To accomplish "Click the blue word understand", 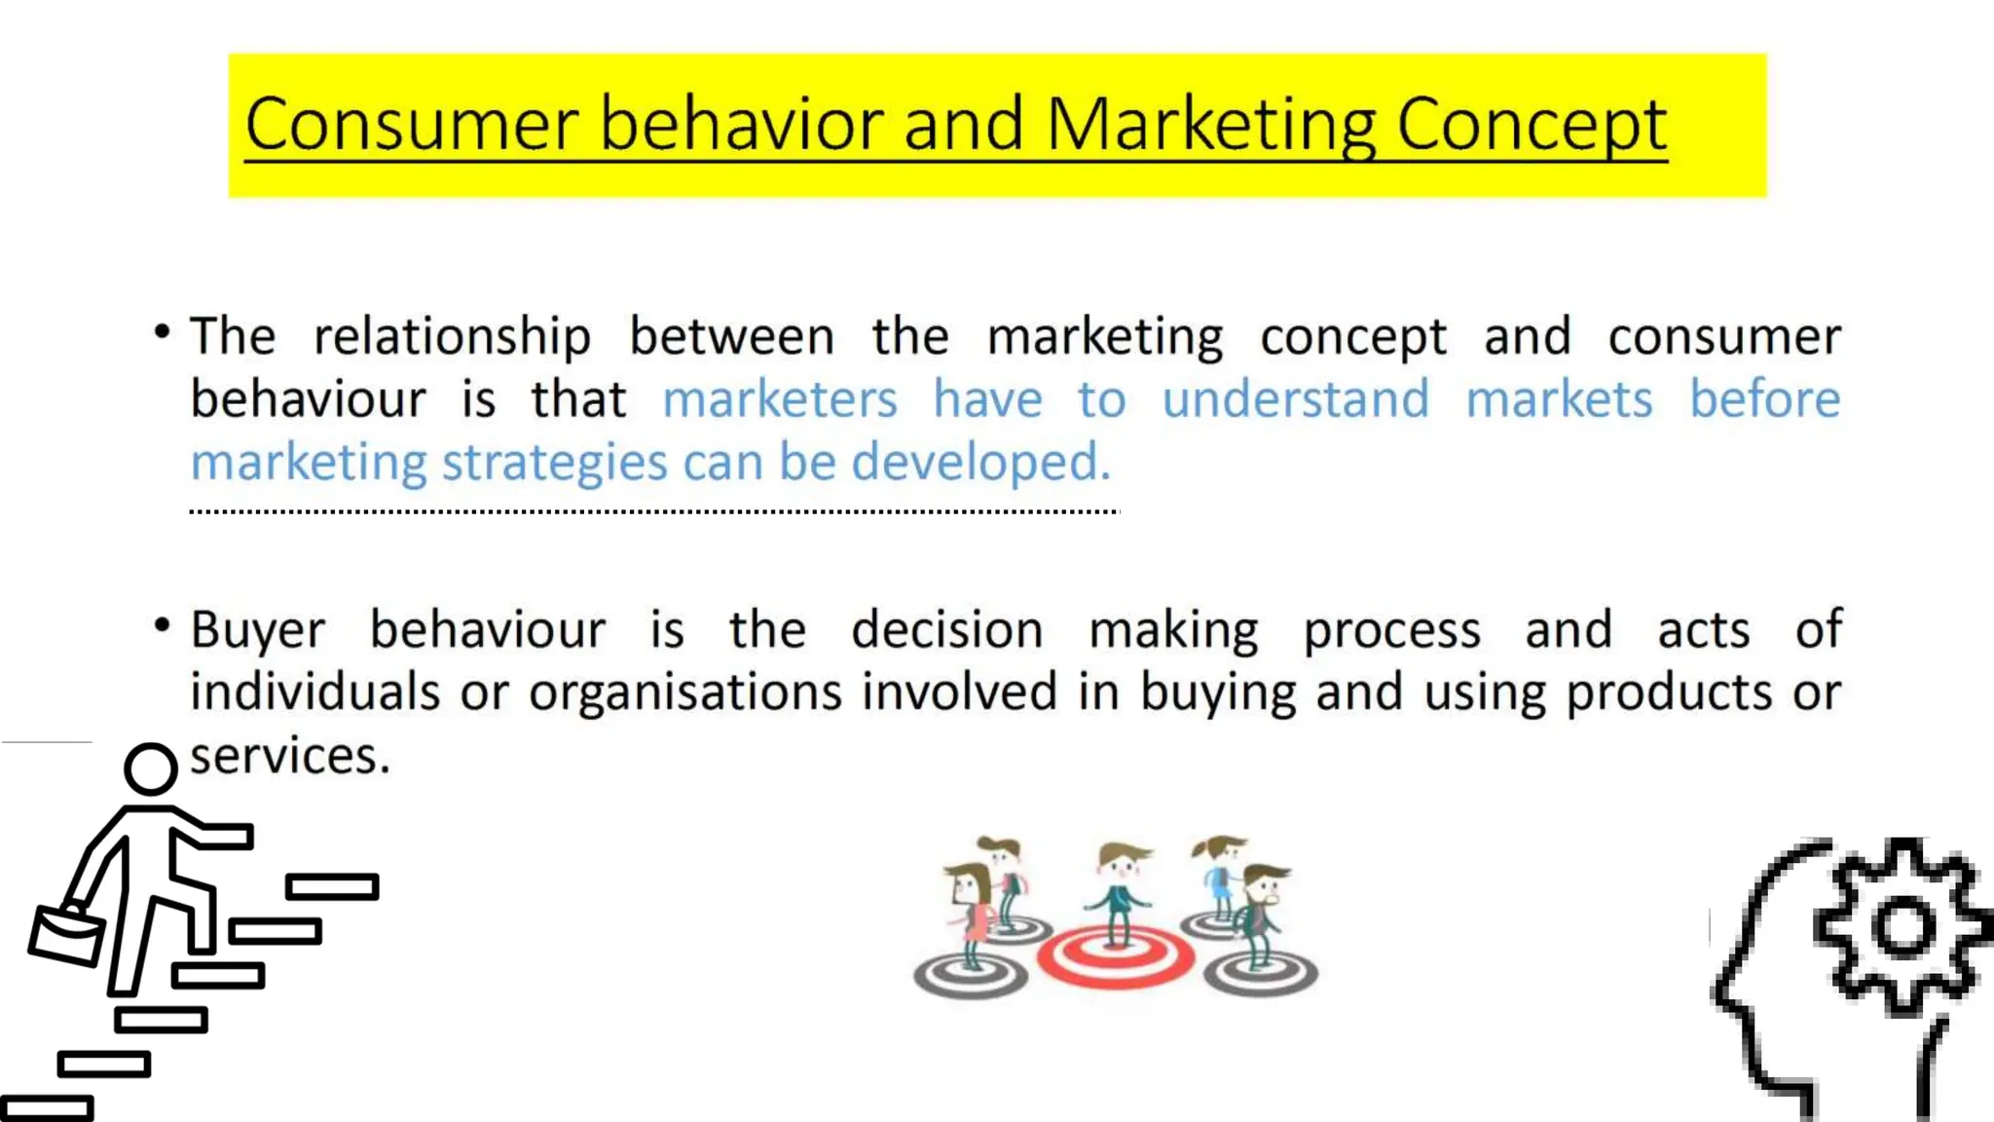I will (x=1295, y=399).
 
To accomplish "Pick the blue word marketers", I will (x=779, y=399).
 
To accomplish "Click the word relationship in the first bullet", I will (x=452, y=337).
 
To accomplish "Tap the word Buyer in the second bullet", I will (x=257, y=630).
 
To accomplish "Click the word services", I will (x=289, y=756).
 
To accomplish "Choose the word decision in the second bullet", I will (x=946, y=630).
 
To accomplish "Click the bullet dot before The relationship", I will (x=163, y=333).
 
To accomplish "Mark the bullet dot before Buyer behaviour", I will (x=163, y=625).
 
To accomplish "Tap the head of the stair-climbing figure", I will (x=151, y=769).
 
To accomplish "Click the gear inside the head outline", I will (x=1902, y=926).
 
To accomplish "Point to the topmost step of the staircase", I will (x=332, y=886).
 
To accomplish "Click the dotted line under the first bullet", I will (x=654, y=510).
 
